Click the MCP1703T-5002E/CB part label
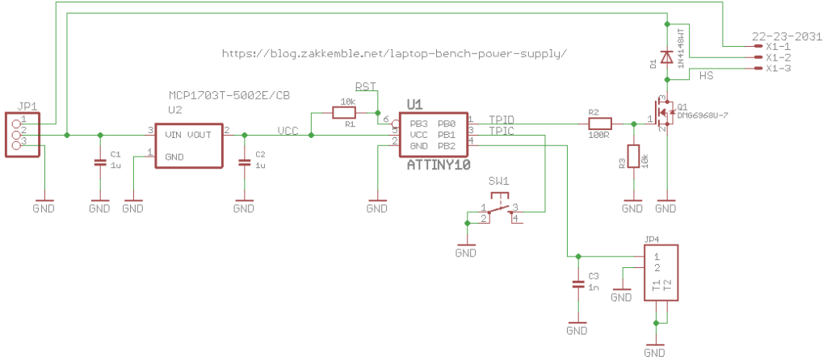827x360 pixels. [x=229, y=95]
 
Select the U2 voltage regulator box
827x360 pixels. [x=188, y=145]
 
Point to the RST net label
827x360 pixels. [x=366, y=86]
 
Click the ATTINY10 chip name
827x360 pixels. [x=438, y=165]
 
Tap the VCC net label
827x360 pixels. [x=289, y=130]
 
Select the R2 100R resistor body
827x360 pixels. [x=600, y=124]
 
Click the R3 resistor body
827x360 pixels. [x=633, y=157]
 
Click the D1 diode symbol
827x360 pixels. [x=666, y=57]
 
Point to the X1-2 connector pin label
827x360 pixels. [x=778, y=58]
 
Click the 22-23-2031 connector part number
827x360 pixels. [x=786, y=36]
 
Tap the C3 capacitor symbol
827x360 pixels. [x=577, y=284]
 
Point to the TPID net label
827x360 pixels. [x=502, y=119]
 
